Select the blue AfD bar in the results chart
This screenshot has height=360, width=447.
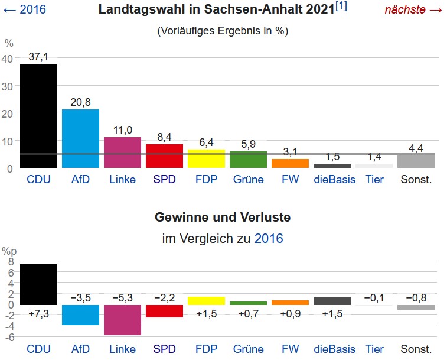coord(80,139)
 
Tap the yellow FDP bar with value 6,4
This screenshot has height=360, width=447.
coord(206,159)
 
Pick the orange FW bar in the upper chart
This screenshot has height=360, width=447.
coord(290,164)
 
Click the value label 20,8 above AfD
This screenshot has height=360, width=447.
coord(80,102)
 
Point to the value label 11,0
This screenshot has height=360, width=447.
coord(122,130)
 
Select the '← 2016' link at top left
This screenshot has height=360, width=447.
coord(24,9)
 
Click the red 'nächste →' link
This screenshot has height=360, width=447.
coord(413,9)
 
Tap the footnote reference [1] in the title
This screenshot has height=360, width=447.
coord(341,7)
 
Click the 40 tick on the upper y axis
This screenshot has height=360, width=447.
coord(7,59)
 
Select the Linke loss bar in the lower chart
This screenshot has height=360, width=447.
coord(122,320)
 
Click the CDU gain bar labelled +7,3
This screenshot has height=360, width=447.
coord(38,284)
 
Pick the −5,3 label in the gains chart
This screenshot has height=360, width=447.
coord(122,297)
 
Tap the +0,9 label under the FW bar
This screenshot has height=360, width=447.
coord(290,313)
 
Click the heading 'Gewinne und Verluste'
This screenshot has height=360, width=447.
coord(223,218)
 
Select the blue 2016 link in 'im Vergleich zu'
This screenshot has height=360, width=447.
coord(269,239)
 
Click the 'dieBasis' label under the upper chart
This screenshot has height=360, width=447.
coord(334,179)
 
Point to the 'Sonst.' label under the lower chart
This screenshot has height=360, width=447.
coord(416,348)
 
